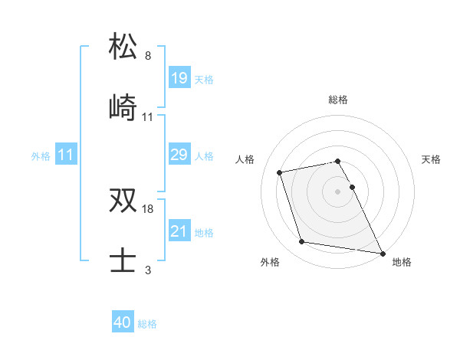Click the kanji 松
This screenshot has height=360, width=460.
point(123,46)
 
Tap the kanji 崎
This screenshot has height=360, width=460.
point(123,107)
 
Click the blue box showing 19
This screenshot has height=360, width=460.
point(179,78)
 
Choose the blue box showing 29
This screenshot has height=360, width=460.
point(179,155)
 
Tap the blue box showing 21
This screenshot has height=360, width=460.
point(179,231)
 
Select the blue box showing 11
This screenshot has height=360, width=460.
point(66,155)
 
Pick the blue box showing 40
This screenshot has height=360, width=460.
point(123,322)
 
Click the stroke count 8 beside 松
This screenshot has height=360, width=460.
point(148,56)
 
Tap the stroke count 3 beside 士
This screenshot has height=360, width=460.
point(148,270)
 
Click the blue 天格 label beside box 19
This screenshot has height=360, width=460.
point(204,79)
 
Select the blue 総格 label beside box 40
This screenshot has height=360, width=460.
point(147,324)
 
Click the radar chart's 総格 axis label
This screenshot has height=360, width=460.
point(338,100)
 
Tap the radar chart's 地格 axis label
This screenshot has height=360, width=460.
point(402,262)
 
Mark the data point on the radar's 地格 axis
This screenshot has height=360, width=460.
point(382,252)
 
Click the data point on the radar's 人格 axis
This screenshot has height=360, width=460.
point(280,172)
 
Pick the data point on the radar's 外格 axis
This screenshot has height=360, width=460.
point(301,242)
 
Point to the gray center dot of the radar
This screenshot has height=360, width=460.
point(338,191)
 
